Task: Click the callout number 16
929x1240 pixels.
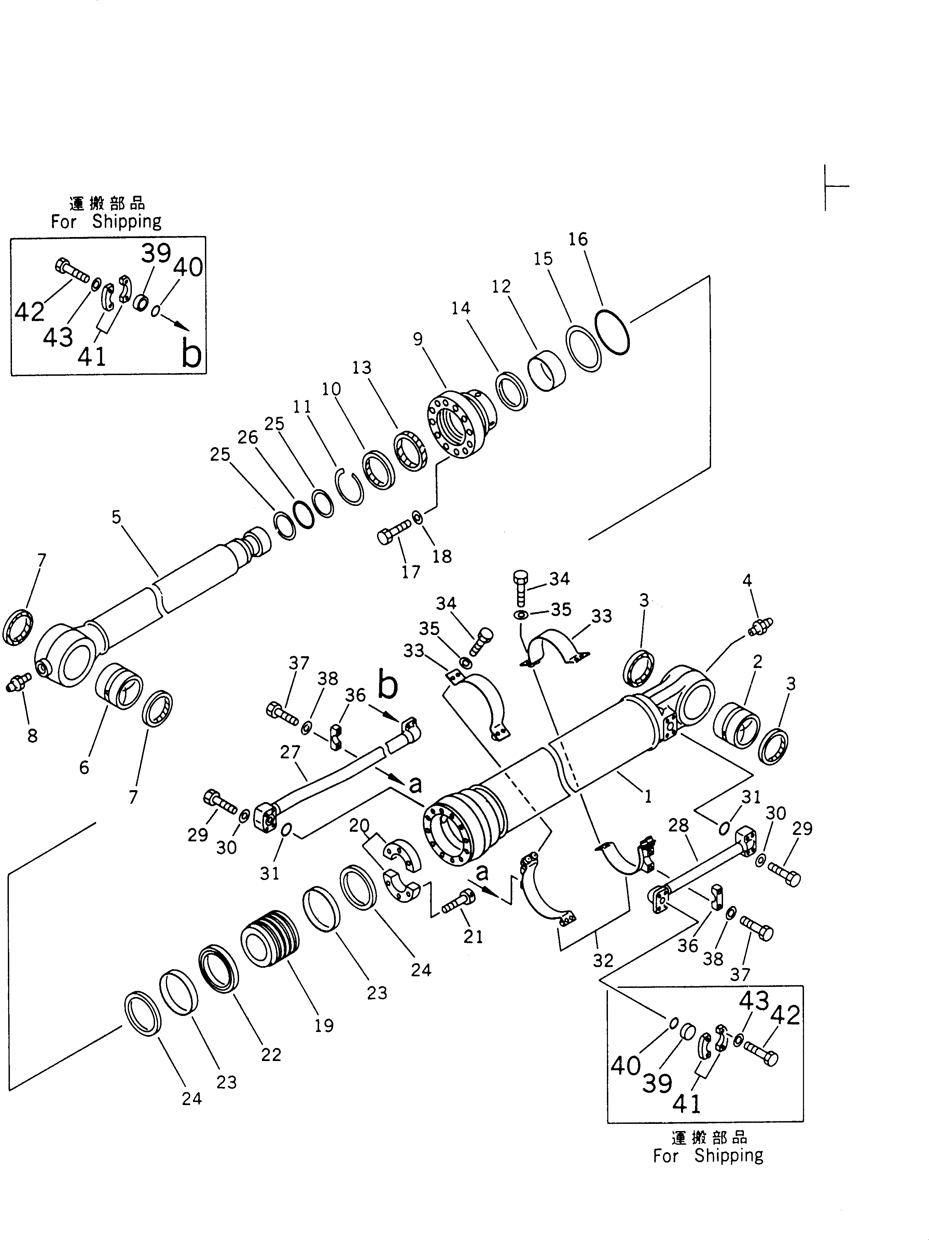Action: (x=578, y=239)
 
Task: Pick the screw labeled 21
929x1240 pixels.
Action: (x=459, y=901)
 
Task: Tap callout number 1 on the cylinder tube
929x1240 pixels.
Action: (x=648, y=796)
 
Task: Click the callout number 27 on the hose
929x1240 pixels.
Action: (x=290, y=752)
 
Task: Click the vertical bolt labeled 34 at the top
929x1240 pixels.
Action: (x=520, y=589)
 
